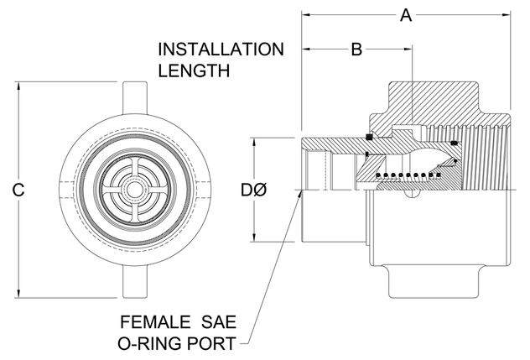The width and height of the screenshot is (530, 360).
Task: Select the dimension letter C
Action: (18, 190)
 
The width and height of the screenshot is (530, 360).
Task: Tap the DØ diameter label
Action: (255, 190)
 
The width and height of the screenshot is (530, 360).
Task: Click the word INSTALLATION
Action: (221, 48)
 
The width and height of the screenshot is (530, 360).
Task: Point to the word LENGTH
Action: (194, 70)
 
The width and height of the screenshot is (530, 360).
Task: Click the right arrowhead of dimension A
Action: (508, 14)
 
